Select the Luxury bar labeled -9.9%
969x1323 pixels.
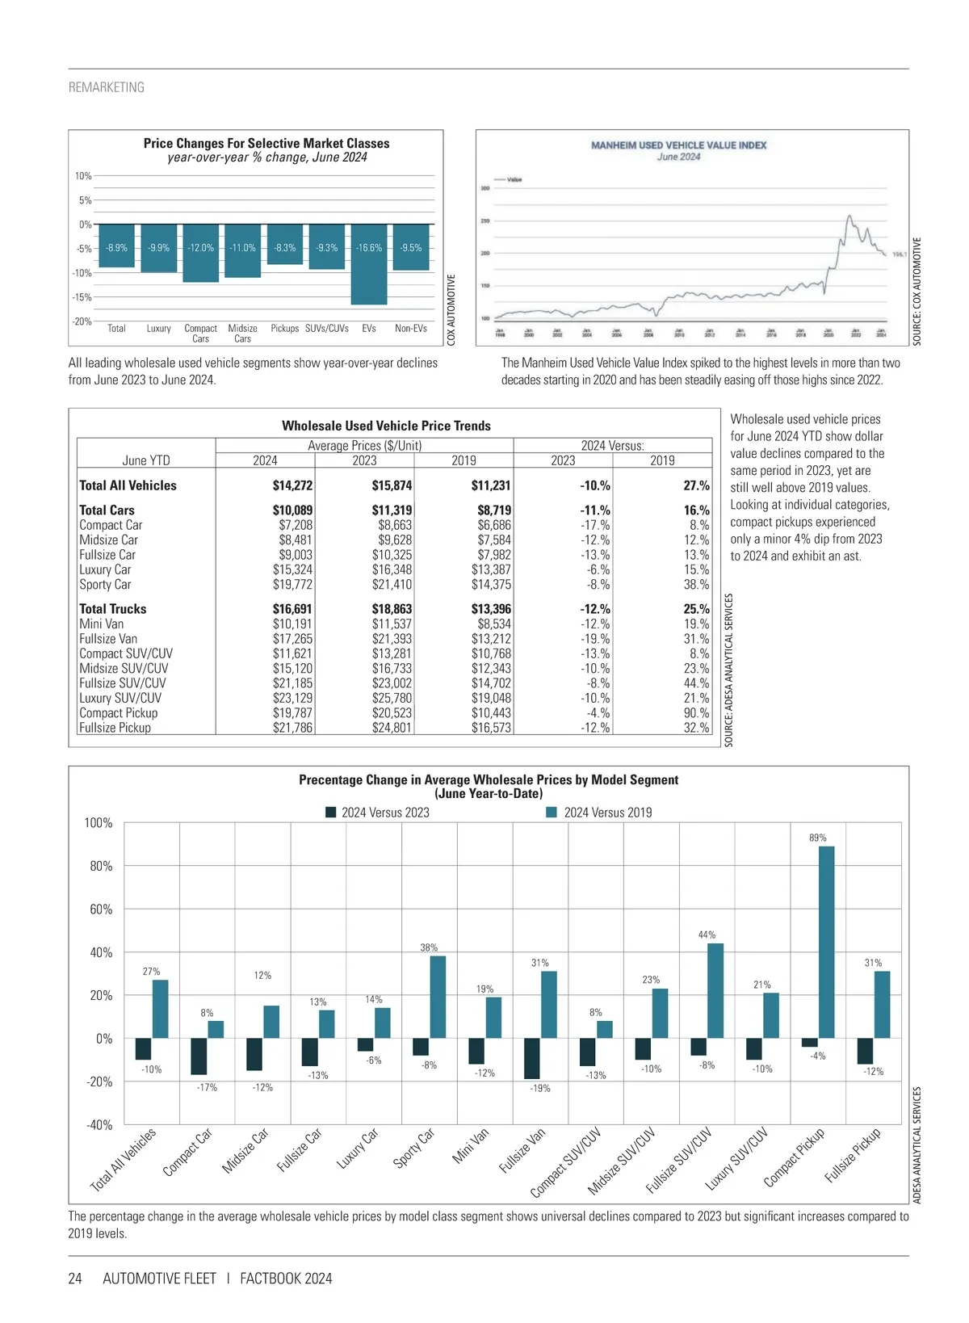coord(159,250)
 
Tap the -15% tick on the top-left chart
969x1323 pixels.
coord(82,297)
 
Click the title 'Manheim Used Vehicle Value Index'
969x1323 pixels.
coord(678,145)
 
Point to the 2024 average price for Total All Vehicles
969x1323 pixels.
coord(292,485)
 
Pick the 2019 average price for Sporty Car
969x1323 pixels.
coord(491,585)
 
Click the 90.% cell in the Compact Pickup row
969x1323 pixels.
coord(696,713)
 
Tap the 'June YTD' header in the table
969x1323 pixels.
coord(146,460)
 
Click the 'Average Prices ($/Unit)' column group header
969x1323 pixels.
coord(364,446)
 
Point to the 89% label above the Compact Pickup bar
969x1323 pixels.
coord(818,838)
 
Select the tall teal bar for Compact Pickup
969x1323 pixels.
coord(826,942)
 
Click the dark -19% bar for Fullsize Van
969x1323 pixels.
coord(531,1058)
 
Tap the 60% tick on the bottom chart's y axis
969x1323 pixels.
coord(101,909)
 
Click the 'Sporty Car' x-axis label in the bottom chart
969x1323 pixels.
coord(414,1148)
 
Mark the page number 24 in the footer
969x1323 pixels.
coord(75,1279)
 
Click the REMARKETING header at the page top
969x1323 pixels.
coord(107,87)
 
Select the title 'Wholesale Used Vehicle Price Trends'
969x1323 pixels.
coord(386,426)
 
